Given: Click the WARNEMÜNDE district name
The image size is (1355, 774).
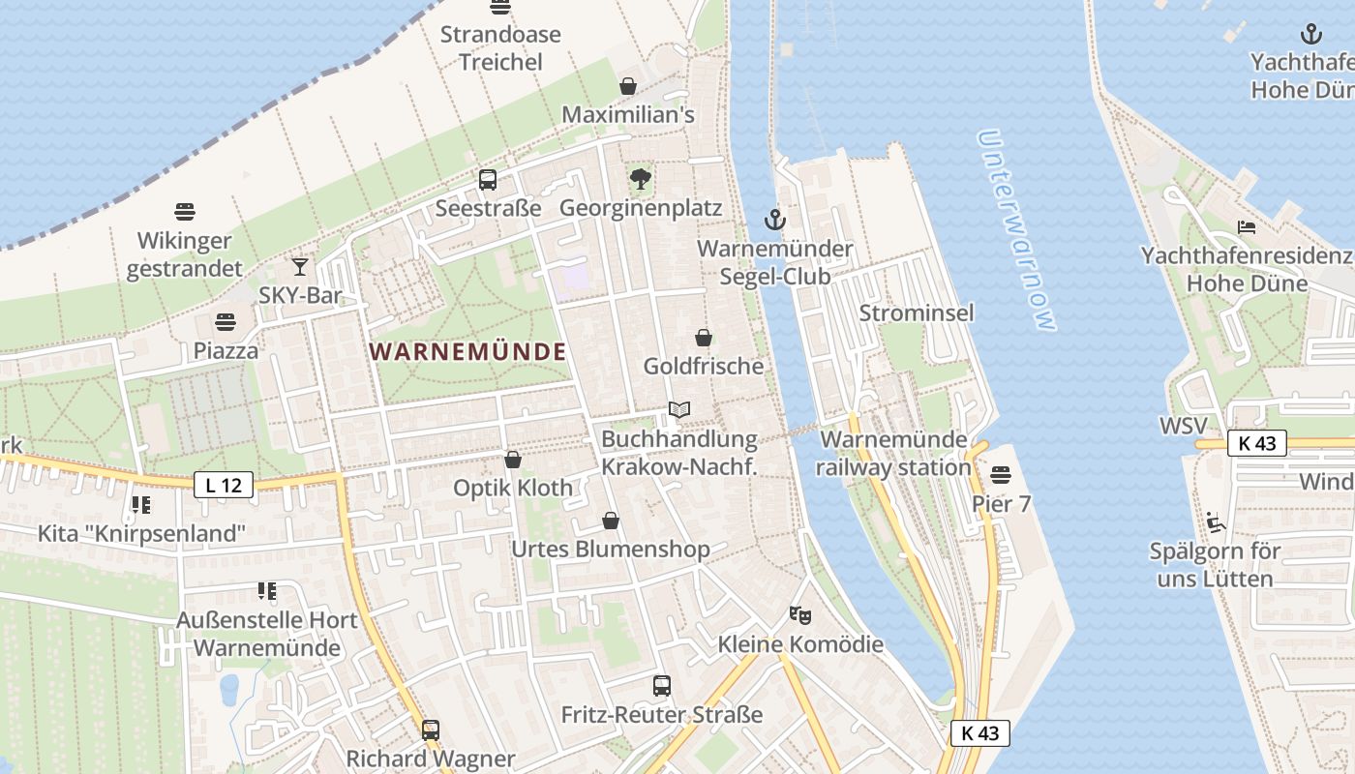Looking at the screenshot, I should (468, 351).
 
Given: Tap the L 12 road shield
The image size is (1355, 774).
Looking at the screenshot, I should (224, 485).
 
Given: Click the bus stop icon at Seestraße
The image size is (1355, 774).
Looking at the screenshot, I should (488, 180).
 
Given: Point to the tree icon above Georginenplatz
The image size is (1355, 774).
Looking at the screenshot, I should (640, 179).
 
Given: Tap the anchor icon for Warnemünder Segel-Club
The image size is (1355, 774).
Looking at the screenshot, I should (774, 220).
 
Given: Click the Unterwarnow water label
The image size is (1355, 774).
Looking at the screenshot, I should (1015, 230).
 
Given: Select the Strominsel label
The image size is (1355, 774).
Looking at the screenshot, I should (917, 313).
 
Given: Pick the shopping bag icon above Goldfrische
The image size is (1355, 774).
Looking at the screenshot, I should (704, 338).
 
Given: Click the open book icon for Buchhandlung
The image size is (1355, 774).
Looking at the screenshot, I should (679, 410).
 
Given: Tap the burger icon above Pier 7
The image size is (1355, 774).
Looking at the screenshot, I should (1001, 475).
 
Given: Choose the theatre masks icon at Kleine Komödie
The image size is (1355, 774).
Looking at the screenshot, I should (799, 614).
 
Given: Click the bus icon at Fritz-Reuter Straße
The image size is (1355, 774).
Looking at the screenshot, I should (662, 686).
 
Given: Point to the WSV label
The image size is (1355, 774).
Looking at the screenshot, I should (1184, 427).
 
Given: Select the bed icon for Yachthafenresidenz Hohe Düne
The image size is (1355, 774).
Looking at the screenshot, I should (1247, 227).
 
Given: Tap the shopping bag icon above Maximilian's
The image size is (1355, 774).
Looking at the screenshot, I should (628, 86).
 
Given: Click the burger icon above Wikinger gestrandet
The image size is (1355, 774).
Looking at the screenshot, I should (185, 211).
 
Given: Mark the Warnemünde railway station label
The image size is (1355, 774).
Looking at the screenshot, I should (893, 453).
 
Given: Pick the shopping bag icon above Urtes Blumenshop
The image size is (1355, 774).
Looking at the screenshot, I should (611, 521).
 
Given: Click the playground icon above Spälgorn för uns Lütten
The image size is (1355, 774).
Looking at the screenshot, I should (1215, 522).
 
